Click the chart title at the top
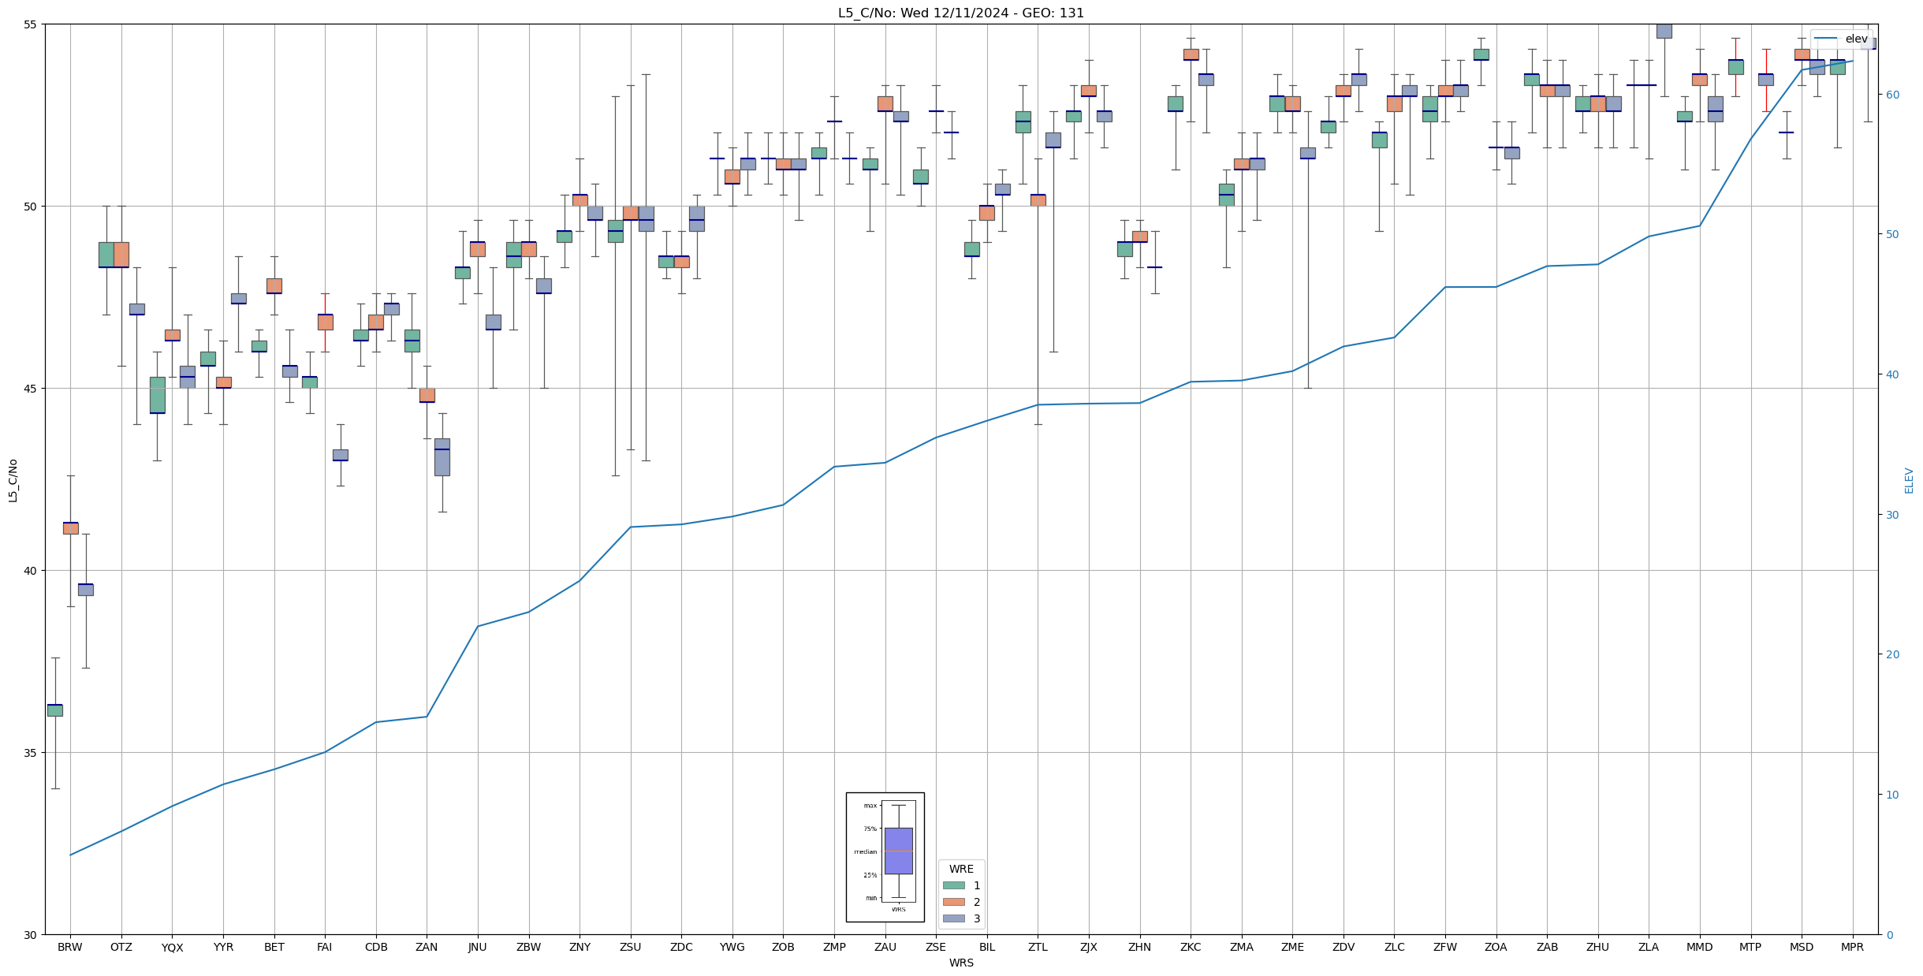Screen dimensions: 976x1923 click(960, 13)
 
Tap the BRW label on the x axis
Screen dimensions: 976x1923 click(70, 947)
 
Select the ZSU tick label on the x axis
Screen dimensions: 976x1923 click(630, 947)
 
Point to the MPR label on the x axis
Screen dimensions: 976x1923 click(1852, 947)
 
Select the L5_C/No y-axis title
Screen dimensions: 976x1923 click(13, 480)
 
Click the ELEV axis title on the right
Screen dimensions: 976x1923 click(1909, 480)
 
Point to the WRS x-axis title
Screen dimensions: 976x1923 click(961, 963)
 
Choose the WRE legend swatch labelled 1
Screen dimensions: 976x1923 click(953, 885)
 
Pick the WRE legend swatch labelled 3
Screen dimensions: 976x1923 click(953, 918)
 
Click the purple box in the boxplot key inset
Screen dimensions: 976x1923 click(898, 851)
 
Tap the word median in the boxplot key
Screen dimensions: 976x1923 click(865, 851)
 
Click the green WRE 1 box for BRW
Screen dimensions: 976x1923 click(55, 710)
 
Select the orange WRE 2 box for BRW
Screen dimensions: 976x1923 click(71, 528)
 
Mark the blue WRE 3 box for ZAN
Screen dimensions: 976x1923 click(442, 457)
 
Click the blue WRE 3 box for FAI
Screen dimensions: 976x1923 click(341, 455)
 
